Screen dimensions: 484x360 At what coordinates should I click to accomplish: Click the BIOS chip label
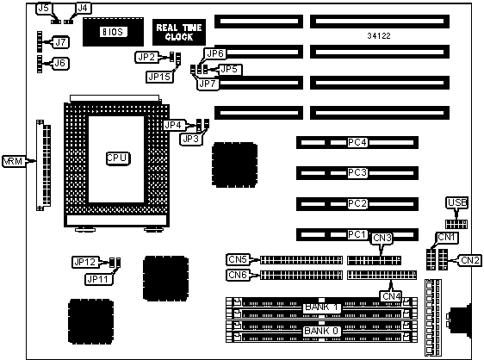point(113,32)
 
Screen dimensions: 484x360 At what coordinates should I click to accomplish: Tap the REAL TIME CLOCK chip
point(179,32)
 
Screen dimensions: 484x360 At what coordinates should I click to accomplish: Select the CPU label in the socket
point(118,158)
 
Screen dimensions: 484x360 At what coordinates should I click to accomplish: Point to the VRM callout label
point(13,161)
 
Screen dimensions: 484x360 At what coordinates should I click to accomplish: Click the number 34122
point(379,36)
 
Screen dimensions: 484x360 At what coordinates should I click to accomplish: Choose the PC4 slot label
point(357,143)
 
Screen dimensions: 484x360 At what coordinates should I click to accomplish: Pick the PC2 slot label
point(357,204)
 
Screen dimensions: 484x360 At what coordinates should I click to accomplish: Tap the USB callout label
point(457,203)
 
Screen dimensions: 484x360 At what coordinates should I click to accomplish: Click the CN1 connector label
point(447,238)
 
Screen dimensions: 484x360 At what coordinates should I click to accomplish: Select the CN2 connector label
point(470,261)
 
